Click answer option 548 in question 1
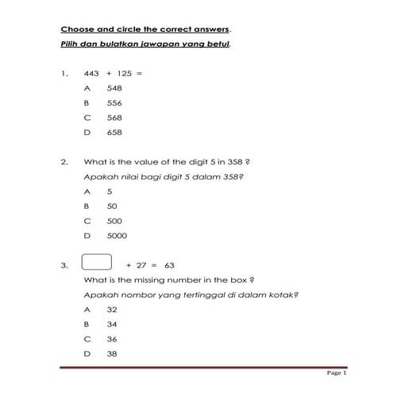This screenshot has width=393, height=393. [114, 88]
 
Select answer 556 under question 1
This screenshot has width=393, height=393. [114, 102]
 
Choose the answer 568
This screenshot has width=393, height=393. [114, 117]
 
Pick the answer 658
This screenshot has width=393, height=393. [114, 132]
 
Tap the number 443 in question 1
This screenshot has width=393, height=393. [91, 73]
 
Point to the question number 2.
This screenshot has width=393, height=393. [64, 161]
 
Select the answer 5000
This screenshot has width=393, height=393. [116, 235]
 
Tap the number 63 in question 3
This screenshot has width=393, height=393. [168, 266]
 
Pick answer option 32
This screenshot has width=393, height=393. [111, 310]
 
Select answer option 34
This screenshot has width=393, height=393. [111, 324]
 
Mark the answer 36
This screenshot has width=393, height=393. [111, 339]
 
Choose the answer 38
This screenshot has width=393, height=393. [111, 353]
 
